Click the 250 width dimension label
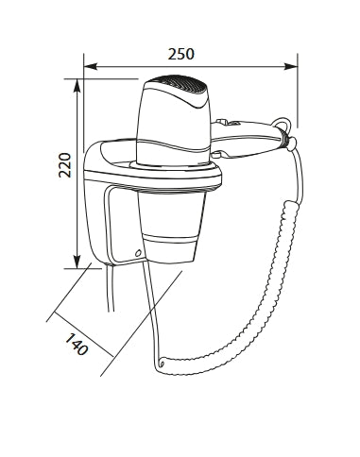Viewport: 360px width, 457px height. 181,54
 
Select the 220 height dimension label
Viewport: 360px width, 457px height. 65,165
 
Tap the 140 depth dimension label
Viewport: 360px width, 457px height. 77,344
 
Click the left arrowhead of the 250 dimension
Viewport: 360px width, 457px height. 90,66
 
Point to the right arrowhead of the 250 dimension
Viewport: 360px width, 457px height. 291,66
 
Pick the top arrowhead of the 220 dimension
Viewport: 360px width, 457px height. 77,85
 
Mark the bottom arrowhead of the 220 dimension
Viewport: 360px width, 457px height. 77,262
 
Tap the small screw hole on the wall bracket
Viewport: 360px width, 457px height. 137,253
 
